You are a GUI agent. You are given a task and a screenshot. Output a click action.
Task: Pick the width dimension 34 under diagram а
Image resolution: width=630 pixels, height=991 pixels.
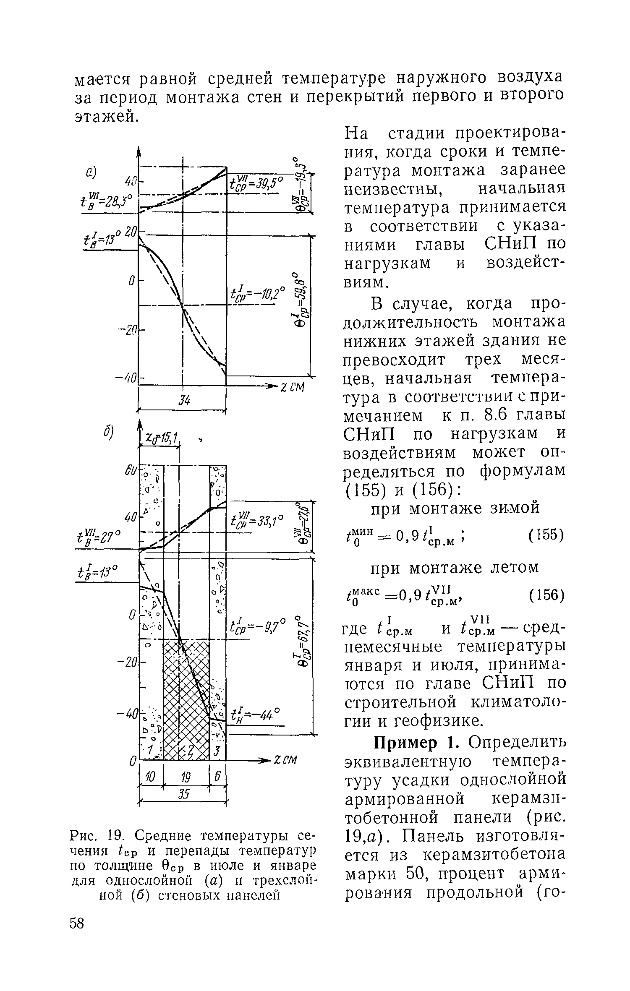tap(183, 401)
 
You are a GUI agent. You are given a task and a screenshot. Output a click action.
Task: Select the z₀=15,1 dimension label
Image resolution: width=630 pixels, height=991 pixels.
tap(161, 438)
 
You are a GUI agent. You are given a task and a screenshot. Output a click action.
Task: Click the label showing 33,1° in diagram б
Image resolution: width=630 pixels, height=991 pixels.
tap(257, 523)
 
